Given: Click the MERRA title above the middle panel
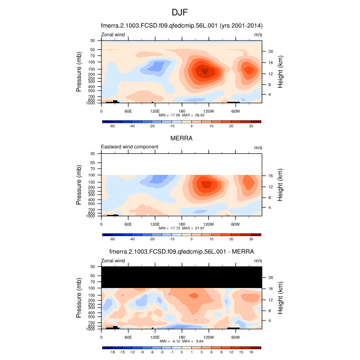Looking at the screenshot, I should tap(181, 138).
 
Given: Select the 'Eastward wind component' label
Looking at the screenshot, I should tap(130, 147).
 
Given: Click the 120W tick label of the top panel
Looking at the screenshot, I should tap(208, 111).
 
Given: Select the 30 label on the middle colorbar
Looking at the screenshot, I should tap(251, 239).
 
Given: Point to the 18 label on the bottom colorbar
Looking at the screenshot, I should tap(251, 352).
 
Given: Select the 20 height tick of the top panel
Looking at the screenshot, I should tap(269, 51).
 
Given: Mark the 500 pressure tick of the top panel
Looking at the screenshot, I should tap(93, 91).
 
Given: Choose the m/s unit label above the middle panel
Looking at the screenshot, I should tap(258, 148).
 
